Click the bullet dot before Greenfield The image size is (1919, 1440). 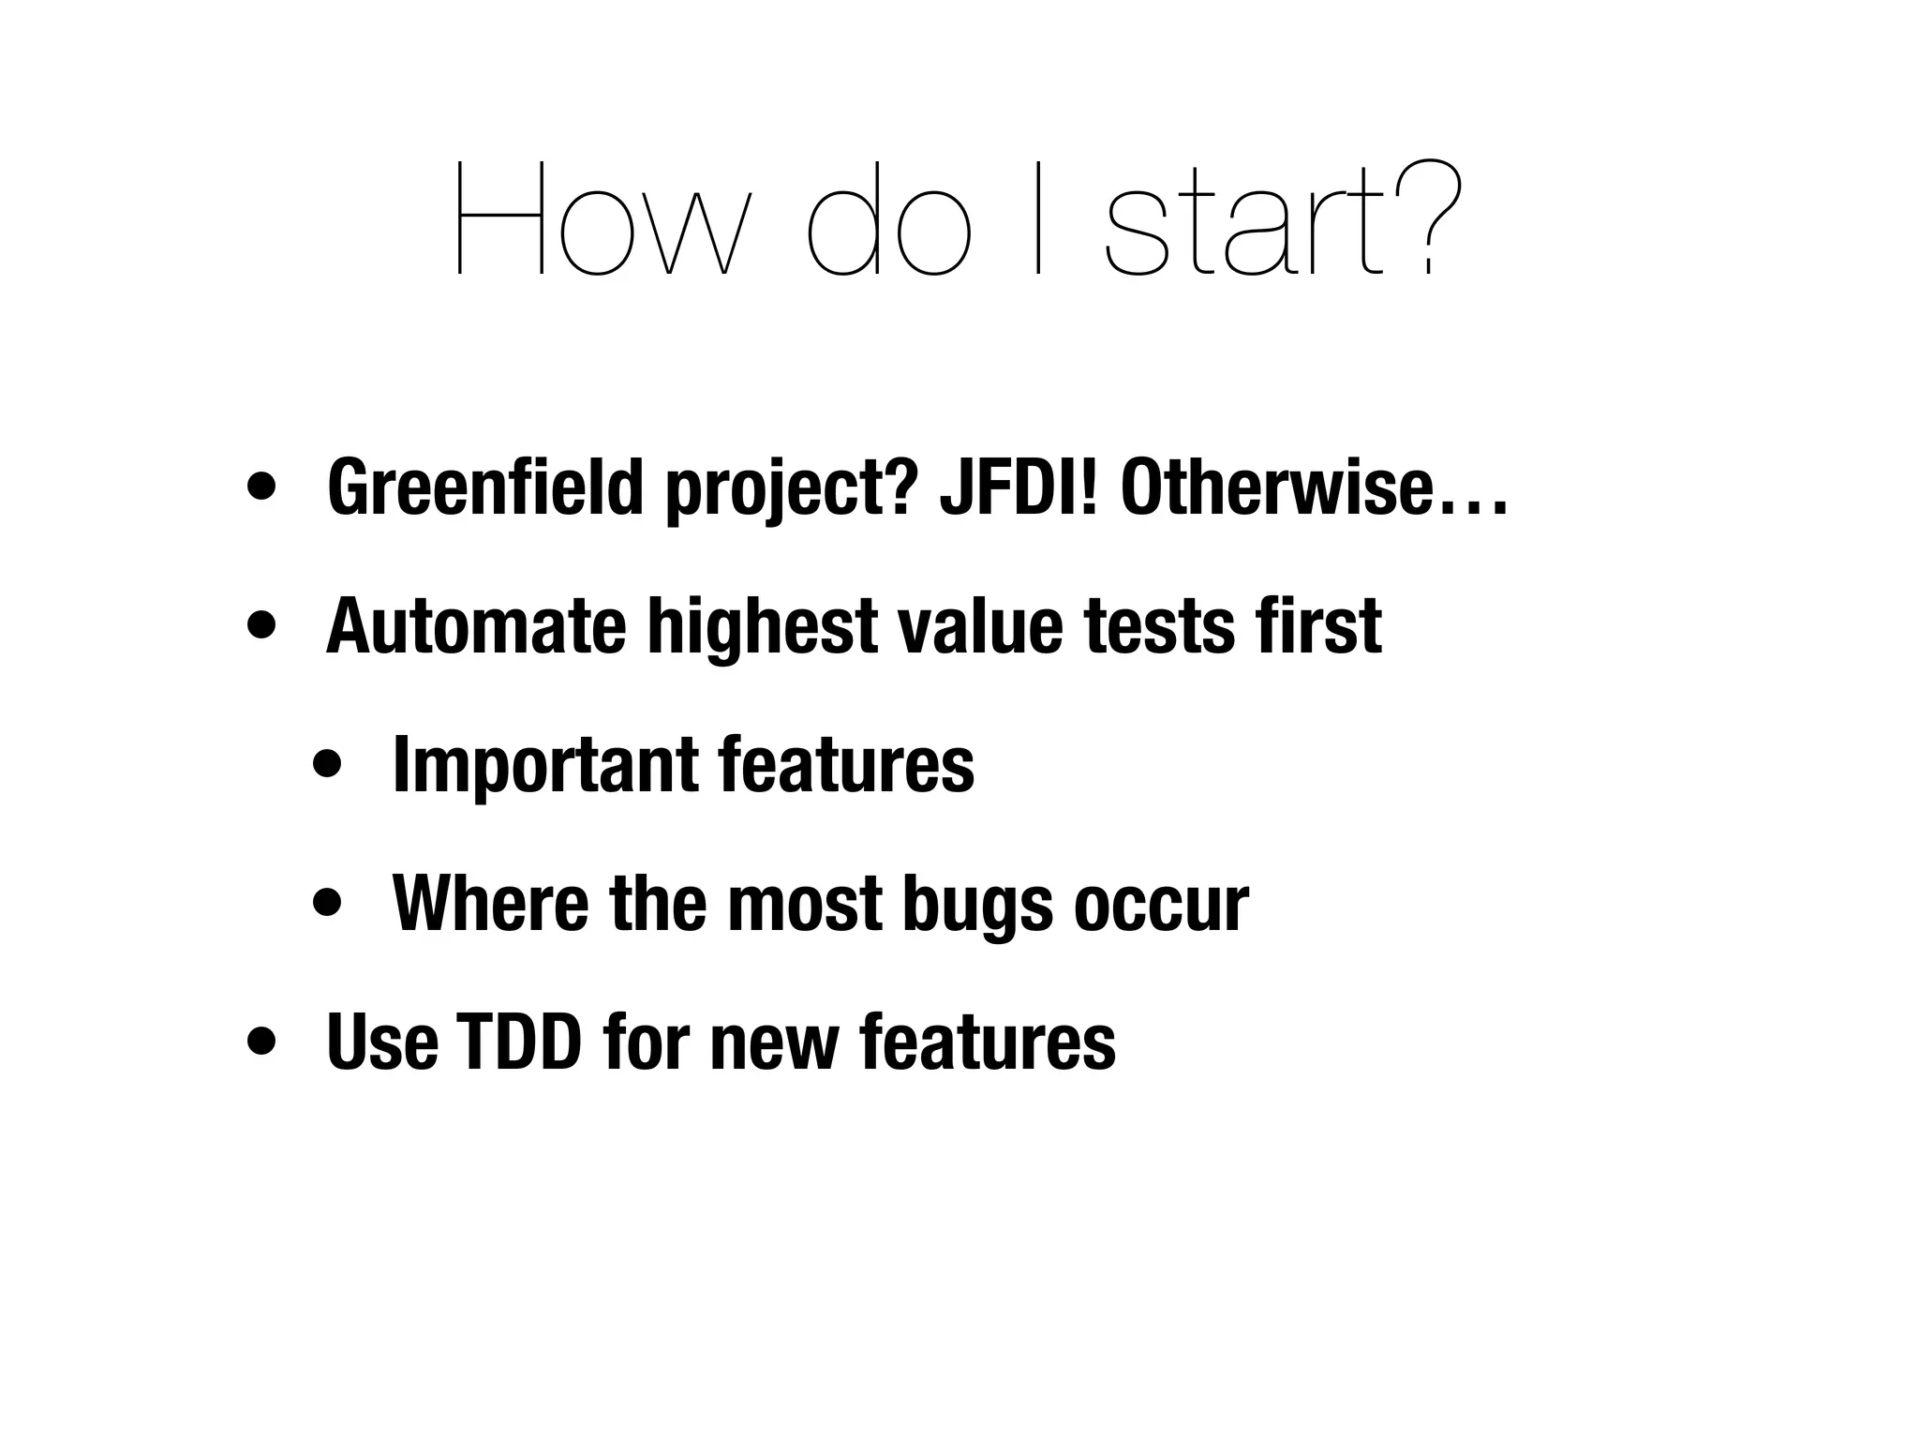coord(261,488)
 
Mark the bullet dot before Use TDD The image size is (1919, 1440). coord(261,1042)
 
